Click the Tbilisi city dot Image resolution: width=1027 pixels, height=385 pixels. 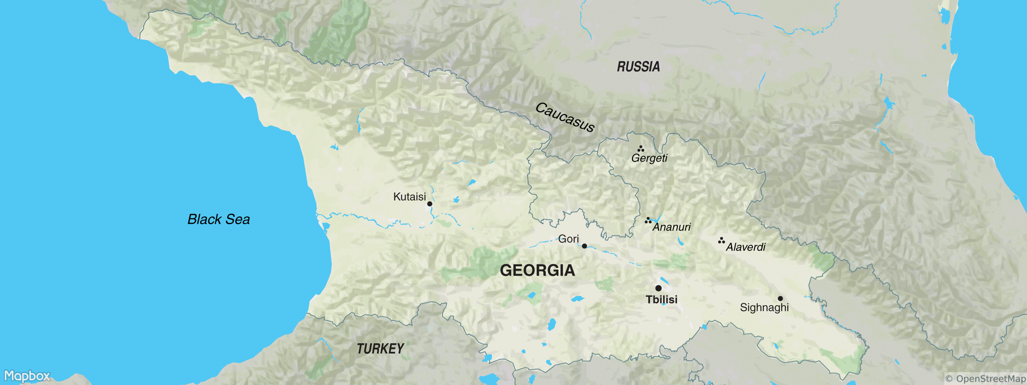click(658, 288)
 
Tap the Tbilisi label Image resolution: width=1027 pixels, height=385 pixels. click(661, 300)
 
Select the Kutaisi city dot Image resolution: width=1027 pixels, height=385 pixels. click(430, 204)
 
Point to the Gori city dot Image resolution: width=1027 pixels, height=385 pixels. click(584, 246)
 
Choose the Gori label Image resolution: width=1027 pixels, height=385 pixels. click(568, 239)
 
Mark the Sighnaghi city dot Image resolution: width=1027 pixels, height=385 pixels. click(780, 298)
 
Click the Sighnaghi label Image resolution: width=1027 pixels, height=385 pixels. click(764, 308)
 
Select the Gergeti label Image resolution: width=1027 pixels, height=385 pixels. click(649, 158)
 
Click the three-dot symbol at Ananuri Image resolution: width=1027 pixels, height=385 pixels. click(648, 220)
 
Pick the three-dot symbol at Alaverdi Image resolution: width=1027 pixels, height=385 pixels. click(721, 240)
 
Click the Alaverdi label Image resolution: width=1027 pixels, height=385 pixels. click(746, 247)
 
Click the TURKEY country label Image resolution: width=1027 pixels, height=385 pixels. click(380, 349)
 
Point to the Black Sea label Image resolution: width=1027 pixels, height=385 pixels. click(219, 219)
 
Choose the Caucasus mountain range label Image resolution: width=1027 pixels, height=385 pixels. click(565, 117)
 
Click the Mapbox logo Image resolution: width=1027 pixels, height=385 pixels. click(27, 376)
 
